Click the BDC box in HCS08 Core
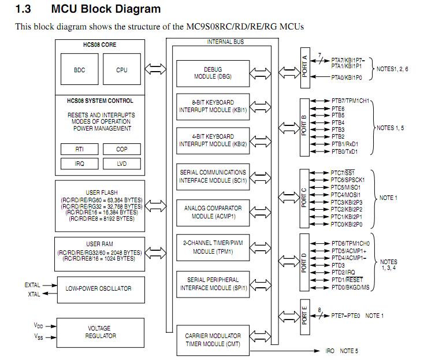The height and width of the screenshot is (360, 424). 80,70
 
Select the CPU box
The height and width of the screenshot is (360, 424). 121,70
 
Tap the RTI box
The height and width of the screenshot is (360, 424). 80,149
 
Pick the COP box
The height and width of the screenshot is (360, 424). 121,149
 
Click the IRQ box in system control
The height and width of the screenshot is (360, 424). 80,164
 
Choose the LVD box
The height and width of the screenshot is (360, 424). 121,164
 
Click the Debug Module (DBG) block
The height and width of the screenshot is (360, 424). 213,73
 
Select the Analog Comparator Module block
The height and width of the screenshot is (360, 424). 213,212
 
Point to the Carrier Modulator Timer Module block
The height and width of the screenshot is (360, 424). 213,339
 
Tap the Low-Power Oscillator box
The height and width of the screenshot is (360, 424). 98,288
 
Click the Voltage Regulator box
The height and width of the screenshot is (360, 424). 98,332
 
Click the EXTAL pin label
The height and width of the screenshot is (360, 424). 32,285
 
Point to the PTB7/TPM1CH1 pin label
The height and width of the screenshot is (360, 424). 350,101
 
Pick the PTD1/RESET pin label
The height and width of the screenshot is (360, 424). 347,280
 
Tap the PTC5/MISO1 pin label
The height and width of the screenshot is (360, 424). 345,187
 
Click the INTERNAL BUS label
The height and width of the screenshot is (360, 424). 225,42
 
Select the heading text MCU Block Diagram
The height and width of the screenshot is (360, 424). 106,9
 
